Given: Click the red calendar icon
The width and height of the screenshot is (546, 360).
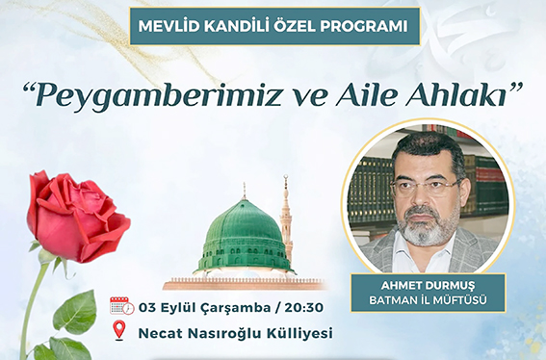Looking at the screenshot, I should (120, 306).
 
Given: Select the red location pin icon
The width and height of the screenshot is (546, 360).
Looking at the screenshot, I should (119, 332).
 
